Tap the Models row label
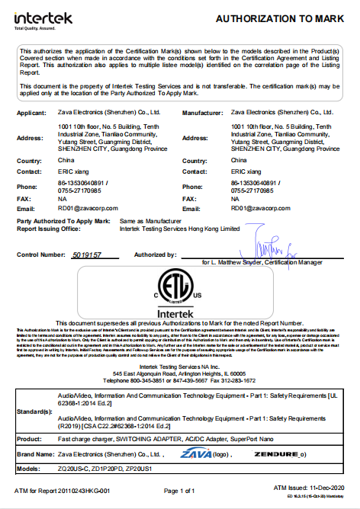[28, 469]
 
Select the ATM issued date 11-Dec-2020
[329, 487]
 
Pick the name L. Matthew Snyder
[242, 261]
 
